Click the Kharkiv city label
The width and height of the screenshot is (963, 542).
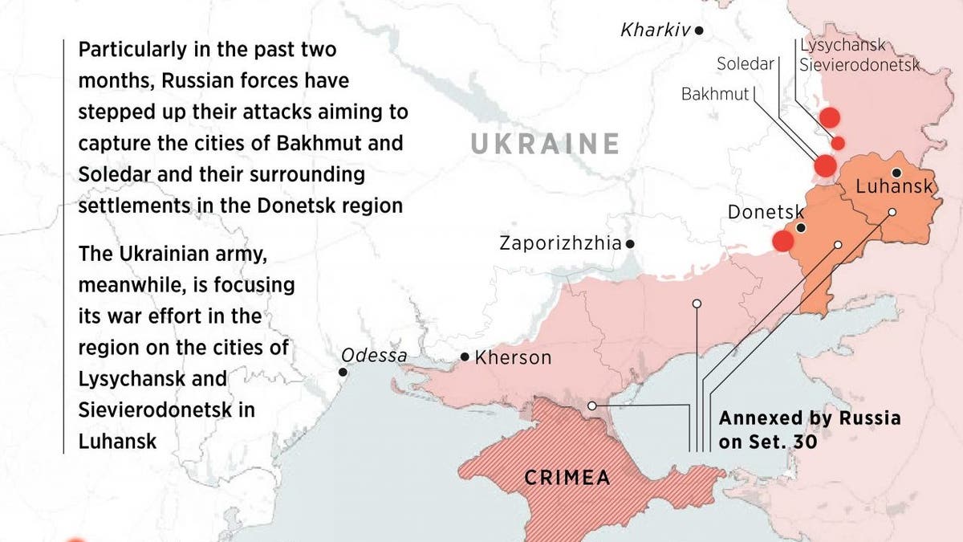pyautogui.click(x=656, y=31)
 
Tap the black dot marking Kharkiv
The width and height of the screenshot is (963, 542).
pyautogui.click(x=700, y=31)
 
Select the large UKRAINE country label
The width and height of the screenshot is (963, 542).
pyautogui.click(x=545, y=145)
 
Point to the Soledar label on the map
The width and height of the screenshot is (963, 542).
pyautogui.click(x=744, y=63)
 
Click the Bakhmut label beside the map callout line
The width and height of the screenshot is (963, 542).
pyautogui.click(x=714, y=94)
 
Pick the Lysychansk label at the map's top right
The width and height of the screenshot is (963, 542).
pyautogui.click(x=843, y=46)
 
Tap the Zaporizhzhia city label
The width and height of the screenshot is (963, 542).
pyautogui.click(x=560, y=242)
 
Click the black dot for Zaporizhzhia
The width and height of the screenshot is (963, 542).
pyautogui.click(x=631, y=243)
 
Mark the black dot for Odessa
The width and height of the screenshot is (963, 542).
pyautogui.click(x=343, y=372)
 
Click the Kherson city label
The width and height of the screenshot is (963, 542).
pyautogui.click(x=513, y=357)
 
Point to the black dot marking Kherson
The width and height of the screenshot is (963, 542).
pyautogui.click(x=465, y=357)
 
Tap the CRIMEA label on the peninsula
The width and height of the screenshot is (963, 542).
pyautogui.click(x=567, y=478)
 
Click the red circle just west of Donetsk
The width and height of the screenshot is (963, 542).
pyautogui.click(x=782, y=241)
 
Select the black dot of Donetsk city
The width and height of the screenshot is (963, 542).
pyautogui.click(x=801, y=228)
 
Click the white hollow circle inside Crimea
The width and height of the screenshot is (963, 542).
pyautogui.click(x=591, y=406)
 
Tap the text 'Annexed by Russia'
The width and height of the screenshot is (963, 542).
pyautogui.click(x=809, y=418)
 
